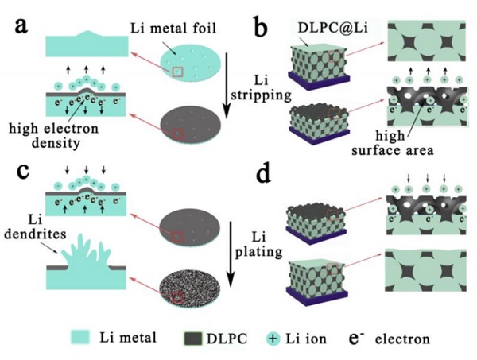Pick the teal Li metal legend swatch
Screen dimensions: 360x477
click(x=60, y=339)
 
